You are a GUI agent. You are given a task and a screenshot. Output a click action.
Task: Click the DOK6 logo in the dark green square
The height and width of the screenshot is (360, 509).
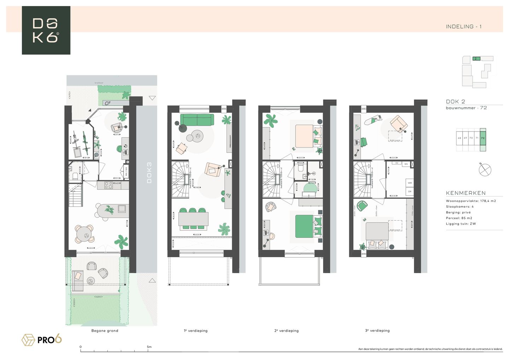pyautogui.click(x=46, y=30)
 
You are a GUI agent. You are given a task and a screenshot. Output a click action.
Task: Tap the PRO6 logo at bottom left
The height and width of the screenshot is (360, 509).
pyautogui.click(x=42, y=340)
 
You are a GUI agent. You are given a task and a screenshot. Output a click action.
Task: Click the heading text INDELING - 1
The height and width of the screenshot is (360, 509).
pyautogui.click(x=463, y=27)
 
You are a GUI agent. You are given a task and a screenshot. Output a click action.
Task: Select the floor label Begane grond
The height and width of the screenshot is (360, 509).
pyautogui.click(x=105, y=331)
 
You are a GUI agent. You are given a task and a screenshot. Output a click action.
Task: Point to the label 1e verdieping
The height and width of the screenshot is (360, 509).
pyautogui.click(x=195, y=331)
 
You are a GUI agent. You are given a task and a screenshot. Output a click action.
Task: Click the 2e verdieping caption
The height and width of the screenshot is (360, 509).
pyautogui.click(x=286, y=331)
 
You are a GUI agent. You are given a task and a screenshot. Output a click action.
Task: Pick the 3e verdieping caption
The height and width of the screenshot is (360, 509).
pyautogui.click(x=377, y=331)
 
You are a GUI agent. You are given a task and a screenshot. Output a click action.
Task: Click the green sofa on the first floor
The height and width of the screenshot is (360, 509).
pyautogui.click(x=197, y=120)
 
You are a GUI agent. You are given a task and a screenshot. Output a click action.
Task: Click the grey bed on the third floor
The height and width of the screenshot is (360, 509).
pyautogui.click(x=377, y=231)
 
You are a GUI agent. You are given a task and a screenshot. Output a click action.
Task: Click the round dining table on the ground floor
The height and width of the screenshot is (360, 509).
pyautogui.click(x=84, y=234)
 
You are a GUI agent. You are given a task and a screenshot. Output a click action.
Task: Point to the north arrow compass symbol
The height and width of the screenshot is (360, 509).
pyautogui.click(x=485, y=170)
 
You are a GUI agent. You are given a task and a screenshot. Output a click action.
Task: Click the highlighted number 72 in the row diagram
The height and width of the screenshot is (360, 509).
pyautogui.click(x=483, y=138)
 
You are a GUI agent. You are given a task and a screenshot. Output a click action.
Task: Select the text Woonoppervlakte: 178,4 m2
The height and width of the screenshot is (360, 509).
pyautogui.click(x=470, y=201)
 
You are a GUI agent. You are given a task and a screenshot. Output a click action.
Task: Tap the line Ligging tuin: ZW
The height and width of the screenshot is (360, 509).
pyautogui.click(x=461, y=223)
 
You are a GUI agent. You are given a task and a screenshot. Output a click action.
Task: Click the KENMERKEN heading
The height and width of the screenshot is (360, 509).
pyautogui.click(x=466, y=193)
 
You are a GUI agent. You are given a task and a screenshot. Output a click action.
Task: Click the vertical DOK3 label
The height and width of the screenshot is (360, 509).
pyautogui.click(x=149, y=173)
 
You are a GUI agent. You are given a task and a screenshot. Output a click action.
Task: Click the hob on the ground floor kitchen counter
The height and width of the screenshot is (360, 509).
pyautogui.click(x=109, y=185)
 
